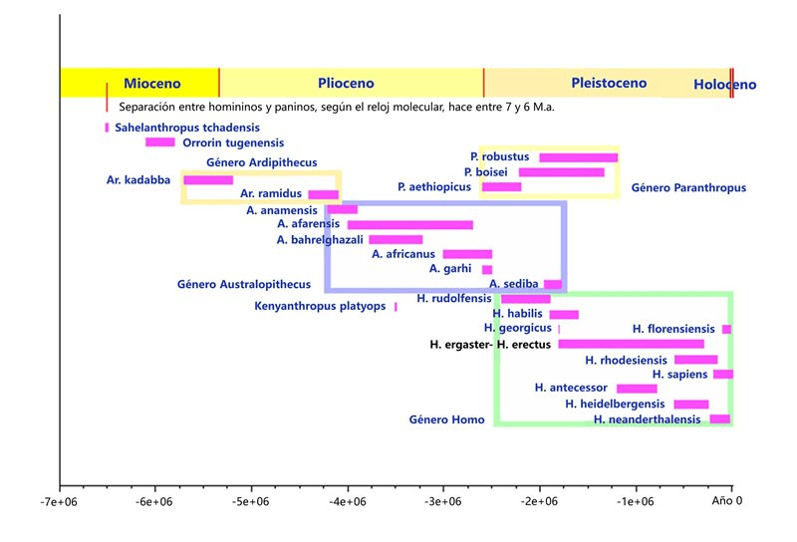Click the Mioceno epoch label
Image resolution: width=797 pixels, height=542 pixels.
152,85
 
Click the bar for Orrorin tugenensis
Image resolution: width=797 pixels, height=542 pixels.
159,142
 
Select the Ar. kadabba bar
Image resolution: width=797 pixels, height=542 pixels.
208,180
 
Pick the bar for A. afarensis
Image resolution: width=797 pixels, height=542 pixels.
409,225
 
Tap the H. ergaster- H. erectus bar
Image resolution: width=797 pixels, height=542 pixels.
631,344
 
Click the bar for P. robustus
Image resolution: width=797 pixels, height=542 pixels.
578,157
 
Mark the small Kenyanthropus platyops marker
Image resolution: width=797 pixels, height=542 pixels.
396,307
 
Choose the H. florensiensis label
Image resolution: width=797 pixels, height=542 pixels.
673,329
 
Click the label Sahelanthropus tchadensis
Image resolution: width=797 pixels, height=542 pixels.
187,128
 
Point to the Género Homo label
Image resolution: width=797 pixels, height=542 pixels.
446,419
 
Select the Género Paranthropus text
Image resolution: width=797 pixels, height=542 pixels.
688,187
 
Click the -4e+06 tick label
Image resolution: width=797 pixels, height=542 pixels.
348,502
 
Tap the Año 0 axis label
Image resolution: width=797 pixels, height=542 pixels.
727,501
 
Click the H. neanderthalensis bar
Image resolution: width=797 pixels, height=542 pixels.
719,419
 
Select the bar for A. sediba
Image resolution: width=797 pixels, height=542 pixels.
553,284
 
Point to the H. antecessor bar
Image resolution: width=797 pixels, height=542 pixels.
637,389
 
